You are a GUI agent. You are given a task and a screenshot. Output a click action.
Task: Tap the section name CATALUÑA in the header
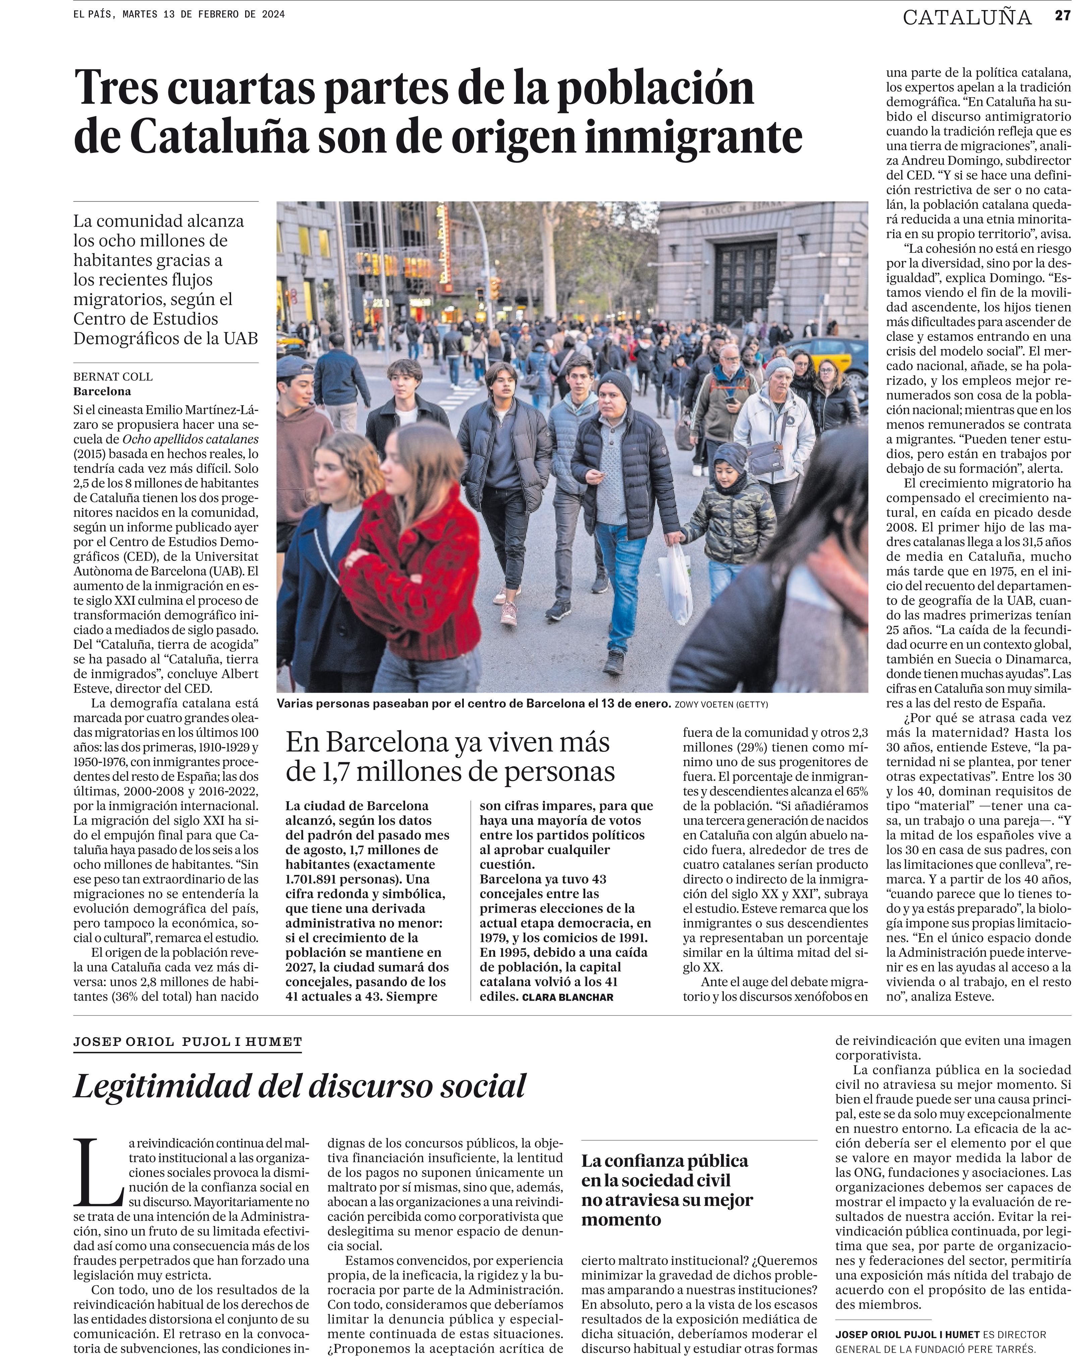pos(967,18)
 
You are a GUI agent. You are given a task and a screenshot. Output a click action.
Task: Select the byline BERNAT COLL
pos(113,377)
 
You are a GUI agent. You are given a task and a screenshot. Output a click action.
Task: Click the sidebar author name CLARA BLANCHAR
pos(567,997)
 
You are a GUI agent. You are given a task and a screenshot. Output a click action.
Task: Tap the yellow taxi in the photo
pos(832,353)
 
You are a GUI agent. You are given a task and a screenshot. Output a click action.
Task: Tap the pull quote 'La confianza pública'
pos(665,1161)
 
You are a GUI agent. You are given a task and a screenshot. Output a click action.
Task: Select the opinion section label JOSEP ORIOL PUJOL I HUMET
pos(187,1042)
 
